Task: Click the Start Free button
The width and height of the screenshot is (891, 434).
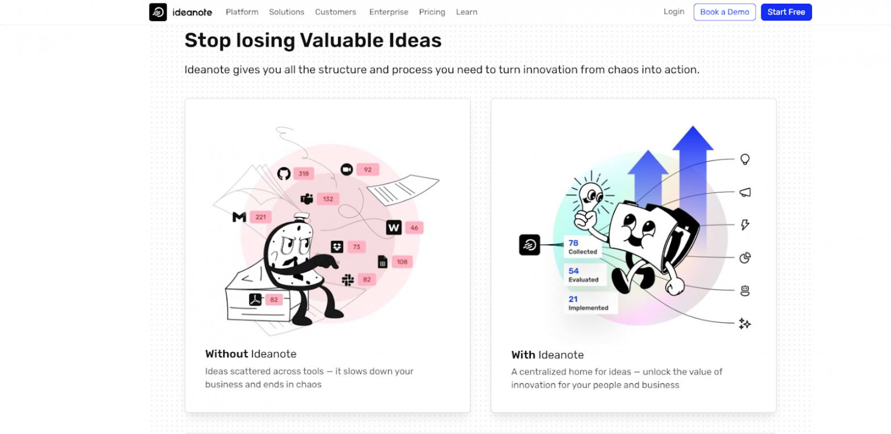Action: pos(786,12)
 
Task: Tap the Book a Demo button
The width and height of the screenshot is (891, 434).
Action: pos(725,12)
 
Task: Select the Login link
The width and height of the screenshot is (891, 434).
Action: pos(674,11)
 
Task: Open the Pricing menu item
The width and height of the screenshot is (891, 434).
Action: pos(432,12)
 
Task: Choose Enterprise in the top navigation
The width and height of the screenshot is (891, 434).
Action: pos(389,12)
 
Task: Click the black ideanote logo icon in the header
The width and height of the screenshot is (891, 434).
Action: pos(158,12)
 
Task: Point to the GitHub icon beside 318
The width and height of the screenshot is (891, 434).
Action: pos(284,173)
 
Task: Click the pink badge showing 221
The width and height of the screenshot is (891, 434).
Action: pos(261,217)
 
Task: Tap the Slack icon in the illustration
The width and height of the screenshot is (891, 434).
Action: pos(348,279)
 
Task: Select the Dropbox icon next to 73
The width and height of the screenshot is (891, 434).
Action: pos(338,247)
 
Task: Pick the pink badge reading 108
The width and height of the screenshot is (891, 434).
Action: pos(402,262)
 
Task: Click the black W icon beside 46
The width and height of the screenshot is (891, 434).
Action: pos(394,228)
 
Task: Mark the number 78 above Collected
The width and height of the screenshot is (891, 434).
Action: pos(573,243)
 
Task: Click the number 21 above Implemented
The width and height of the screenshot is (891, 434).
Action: pos(573,299)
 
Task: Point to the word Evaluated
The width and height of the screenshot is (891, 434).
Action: pos(584,279)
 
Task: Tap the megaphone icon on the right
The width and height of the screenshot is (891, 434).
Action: pos(745,193)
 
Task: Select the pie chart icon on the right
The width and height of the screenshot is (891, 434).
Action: pos(745,258)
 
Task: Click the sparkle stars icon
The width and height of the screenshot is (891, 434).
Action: pos(744,324)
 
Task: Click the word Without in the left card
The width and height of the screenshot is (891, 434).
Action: pos(227,354)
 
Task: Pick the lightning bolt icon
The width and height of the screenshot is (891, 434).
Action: pos(745,225)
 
